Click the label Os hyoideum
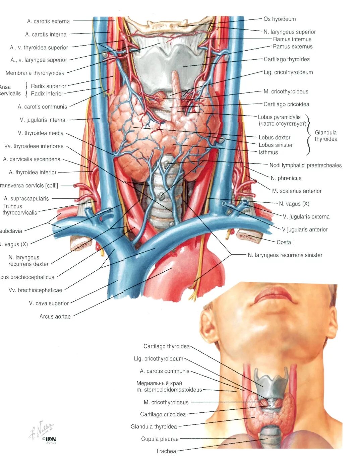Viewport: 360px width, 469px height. (x=280, y=19)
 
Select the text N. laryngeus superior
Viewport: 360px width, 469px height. (x=290, y=32)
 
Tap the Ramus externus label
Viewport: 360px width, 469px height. (x=293, y=47)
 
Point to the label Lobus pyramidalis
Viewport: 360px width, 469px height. (x=279, y=117)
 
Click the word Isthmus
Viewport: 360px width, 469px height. (x=268, y=152)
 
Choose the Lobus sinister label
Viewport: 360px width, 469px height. (x=276, y=145)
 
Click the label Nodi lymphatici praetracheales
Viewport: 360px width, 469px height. (x=305, y=165)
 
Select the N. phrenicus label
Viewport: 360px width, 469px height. (x=286, y=178)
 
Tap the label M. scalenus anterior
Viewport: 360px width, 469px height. (x=297, y=191)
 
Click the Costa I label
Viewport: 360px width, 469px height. (x=285, y=242)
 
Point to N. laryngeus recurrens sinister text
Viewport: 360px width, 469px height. (x=285, y=255)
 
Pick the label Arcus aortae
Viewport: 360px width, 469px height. (x=55, y=317)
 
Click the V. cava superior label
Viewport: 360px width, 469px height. (x=49, y=304)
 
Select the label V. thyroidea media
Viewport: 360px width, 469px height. (x=41, y=133)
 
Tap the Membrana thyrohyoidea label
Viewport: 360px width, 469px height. (x=35, y=73)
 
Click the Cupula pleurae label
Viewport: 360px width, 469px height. (x=160, y=439)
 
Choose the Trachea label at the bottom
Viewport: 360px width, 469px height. (x=166, y=451)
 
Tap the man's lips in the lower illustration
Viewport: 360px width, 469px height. (x=273, y=295)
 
